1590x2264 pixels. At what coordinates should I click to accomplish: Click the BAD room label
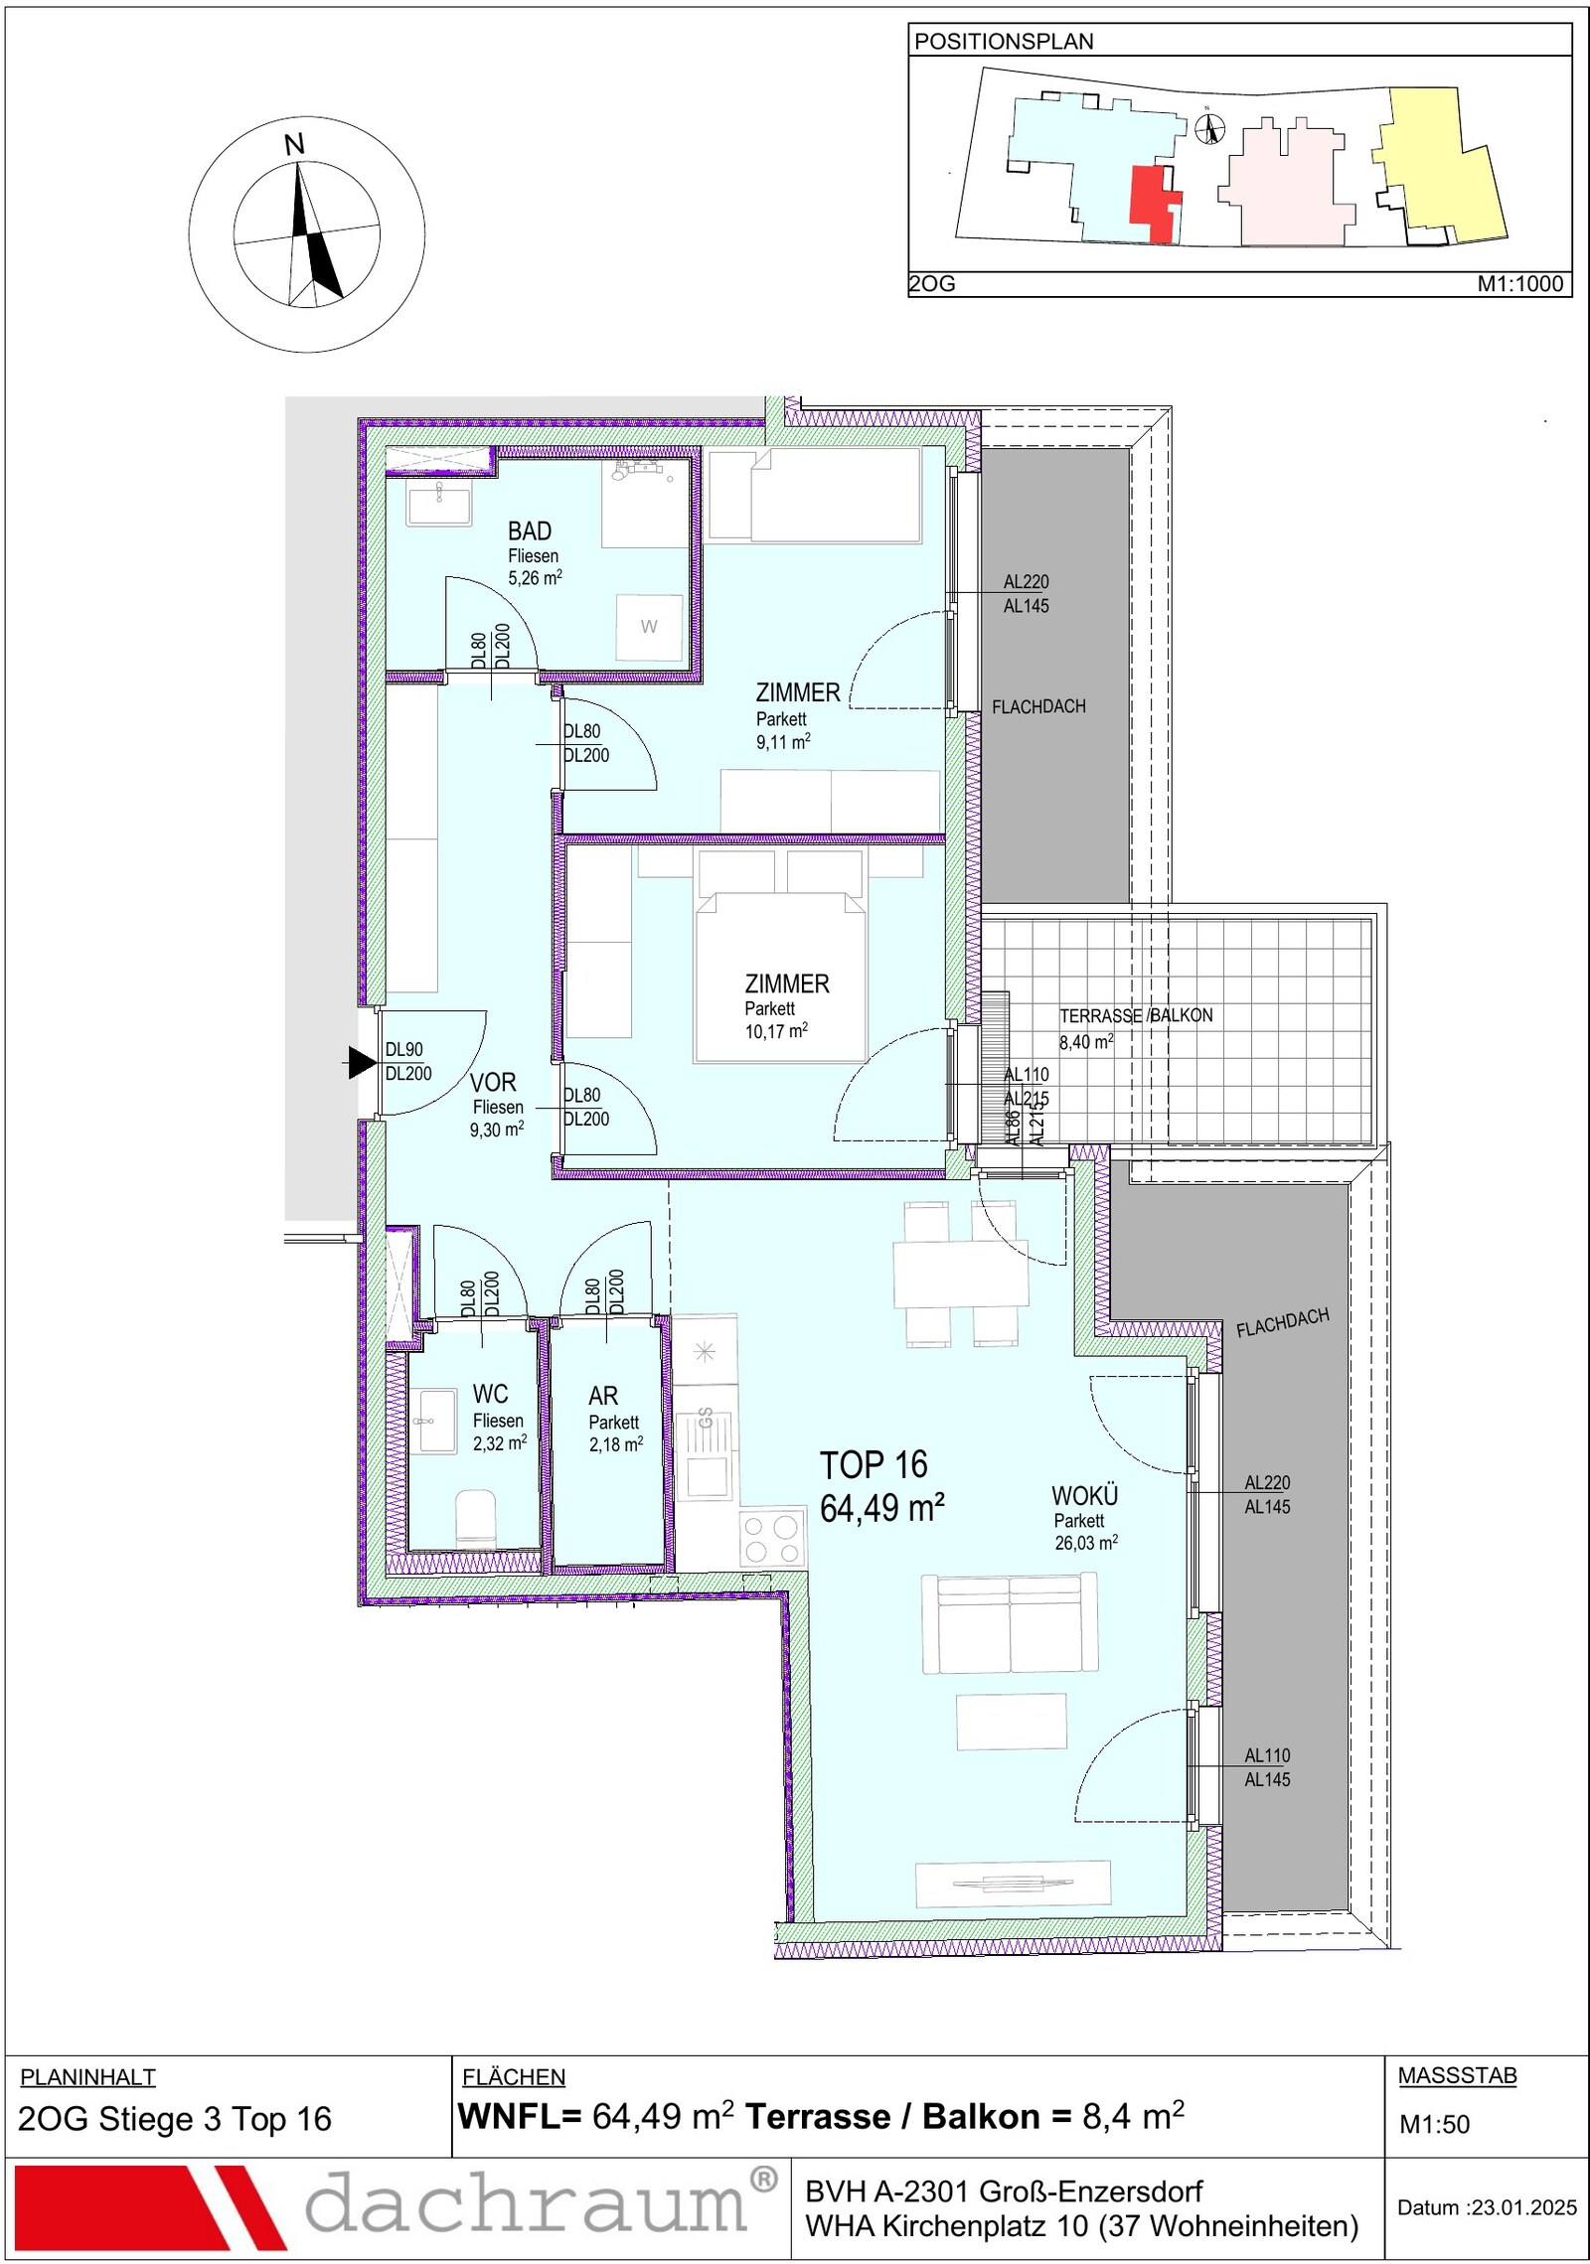coord(529,531)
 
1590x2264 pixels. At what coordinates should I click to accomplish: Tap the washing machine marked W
coord(649,627)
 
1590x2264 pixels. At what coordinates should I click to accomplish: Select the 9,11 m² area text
coord(783,741)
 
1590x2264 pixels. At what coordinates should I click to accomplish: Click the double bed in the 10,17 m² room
coord(780,977)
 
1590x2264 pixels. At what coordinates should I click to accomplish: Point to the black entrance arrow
coord(362,1062)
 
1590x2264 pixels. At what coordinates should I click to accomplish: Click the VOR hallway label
coord(493,1083)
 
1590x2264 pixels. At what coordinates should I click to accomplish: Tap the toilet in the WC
coord(475,1517)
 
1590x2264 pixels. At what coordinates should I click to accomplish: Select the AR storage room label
coord(603,1396)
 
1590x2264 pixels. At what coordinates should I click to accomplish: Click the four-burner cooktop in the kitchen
coord(771,1539)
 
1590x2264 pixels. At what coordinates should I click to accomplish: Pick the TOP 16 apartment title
coord(874,1464)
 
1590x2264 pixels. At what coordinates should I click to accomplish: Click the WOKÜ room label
coord(1085,1495)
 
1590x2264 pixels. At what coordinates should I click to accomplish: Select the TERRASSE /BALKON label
coord(1136,1015)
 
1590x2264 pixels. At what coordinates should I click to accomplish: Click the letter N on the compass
coord(294,145)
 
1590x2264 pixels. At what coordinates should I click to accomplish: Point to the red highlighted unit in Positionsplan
coord(1155,202)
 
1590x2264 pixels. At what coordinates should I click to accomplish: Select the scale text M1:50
coord(1434,2124)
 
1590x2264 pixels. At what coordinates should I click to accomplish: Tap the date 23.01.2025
coord(1524,2207)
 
